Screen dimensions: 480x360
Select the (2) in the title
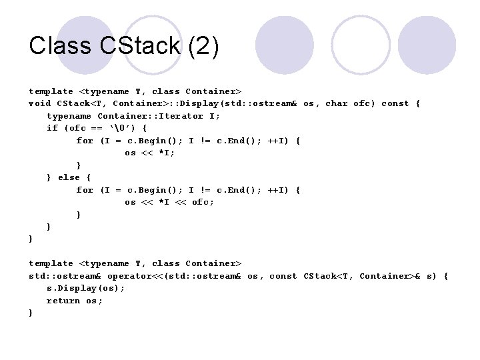tap(204, 46)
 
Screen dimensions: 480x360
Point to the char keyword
tap(336, 103)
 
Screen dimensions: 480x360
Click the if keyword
tap(52, 128)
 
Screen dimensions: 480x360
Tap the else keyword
tap(69, 177)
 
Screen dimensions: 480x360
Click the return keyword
tap(63, 301)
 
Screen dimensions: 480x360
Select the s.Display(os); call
tap(85, 288)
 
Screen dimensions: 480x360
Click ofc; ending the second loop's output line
tap(203, 202)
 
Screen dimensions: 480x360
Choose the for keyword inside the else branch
tap(85, 190)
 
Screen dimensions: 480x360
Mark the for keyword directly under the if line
tap(85, 141)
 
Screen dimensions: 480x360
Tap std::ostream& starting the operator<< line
tap(64, 276)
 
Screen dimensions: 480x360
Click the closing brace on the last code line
tap(31, 313)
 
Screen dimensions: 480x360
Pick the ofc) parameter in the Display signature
tap(364, 103)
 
